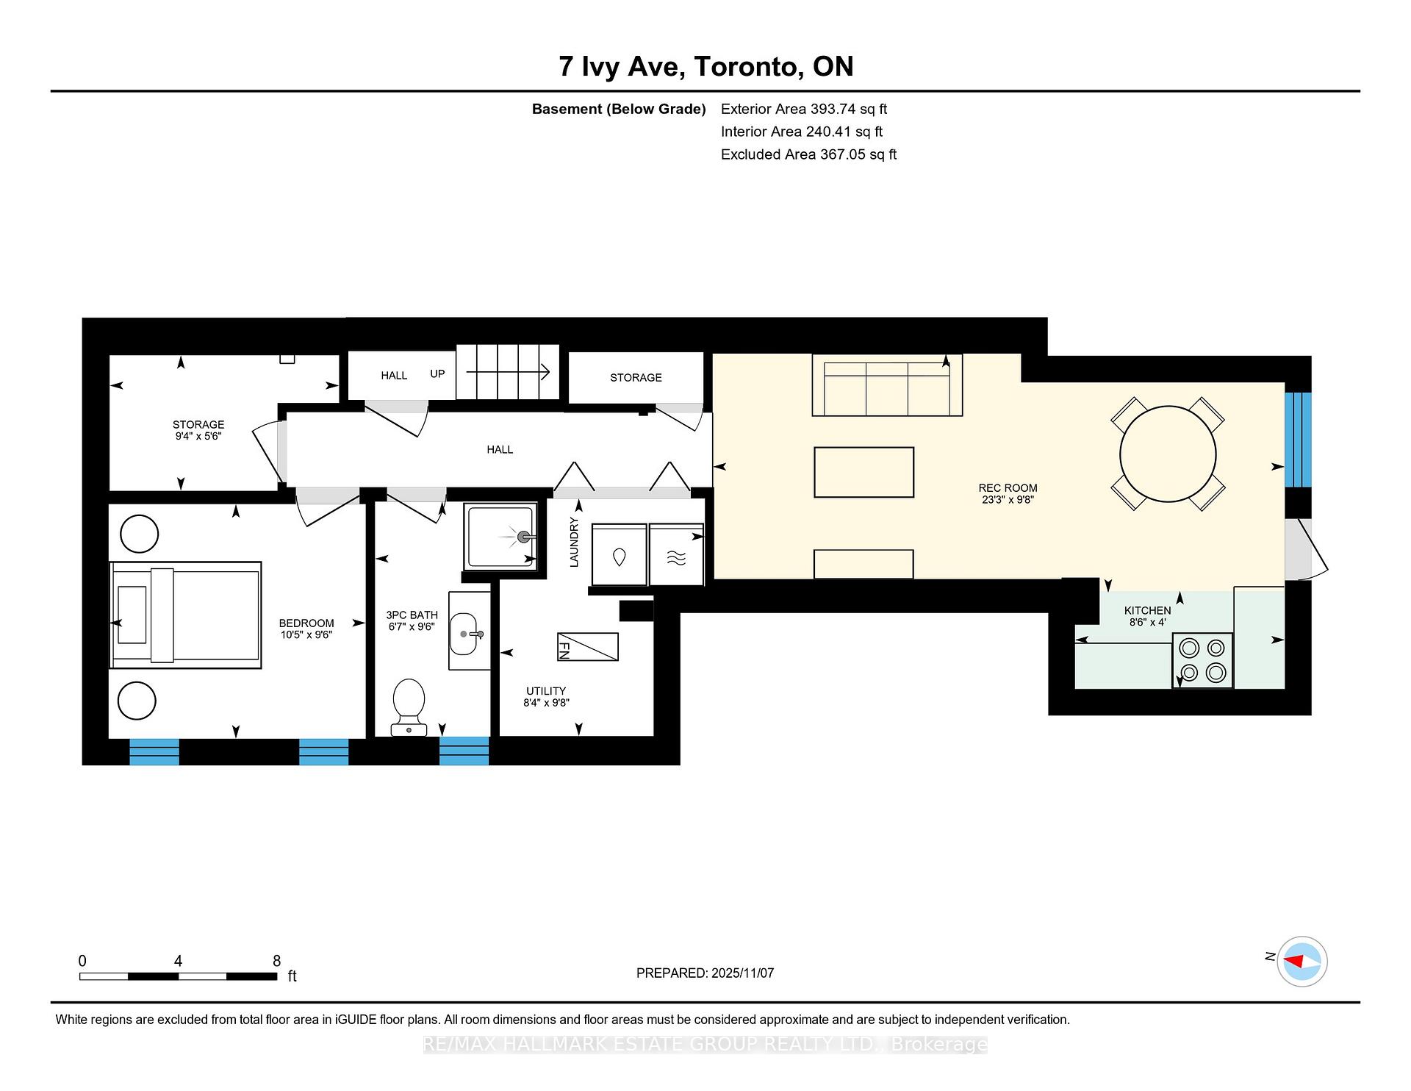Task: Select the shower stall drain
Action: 523,537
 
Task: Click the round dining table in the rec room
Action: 1168,454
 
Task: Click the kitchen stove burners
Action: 1202,660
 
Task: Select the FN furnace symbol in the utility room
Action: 587,647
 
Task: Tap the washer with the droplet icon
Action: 619,557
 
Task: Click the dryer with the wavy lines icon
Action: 676,557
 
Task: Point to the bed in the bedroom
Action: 185,615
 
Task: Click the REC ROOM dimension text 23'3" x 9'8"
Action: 1008,500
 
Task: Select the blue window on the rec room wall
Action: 1297,440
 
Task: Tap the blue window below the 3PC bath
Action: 464,751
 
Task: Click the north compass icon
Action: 1302,961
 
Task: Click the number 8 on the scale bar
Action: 276,961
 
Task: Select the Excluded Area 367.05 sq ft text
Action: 808,154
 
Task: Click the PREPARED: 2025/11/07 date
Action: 705,973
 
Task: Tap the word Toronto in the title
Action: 749,66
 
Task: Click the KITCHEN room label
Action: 1147,610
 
